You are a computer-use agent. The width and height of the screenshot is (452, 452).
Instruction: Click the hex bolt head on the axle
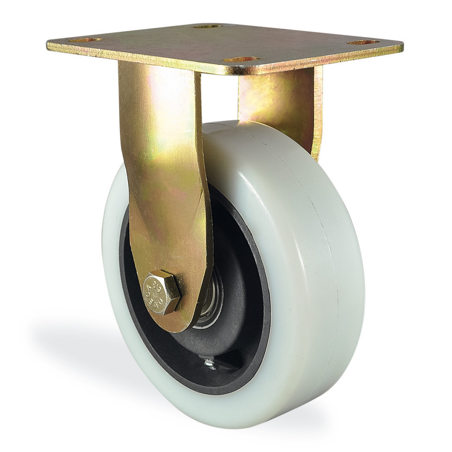tap(162, 293)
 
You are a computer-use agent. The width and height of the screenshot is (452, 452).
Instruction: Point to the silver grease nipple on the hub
tap(210, 364)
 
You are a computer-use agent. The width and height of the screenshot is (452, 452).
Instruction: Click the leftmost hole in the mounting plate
tap(85, 40)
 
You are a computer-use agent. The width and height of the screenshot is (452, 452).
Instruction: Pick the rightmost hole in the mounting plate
tap(364, 43)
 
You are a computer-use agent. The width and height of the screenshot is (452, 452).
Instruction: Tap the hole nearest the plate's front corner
tap(242, 60)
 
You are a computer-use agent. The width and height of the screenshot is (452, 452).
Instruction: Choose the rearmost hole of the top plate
tap(208, 26)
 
